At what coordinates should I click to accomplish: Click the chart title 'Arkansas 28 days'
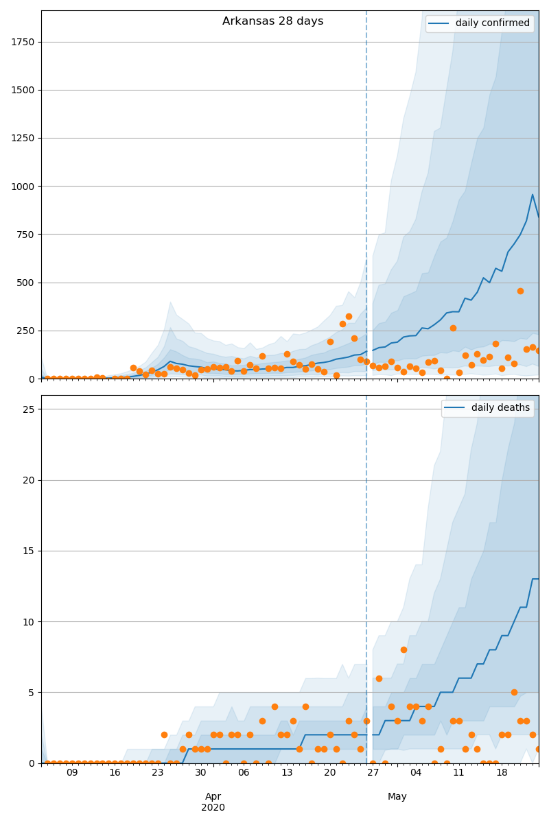pos(272,21)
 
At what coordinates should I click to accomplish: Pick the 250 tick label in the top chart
pos(25,331)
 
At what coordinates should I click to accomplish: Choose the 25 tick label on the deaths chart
pos(29,409)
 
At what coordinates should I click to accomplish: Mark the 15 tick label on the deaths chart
pos(29,551)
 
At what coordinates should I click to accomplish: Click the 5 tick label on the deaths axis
pos(32,692)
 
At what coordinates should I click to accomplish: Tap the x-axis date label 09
pos(72,772)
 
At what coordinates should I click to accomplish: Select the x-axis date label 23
pos(158,772)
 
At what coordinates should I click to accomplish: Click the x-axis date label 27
pos(373,772)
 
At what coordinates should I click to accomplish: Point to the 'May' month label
pos(397,796)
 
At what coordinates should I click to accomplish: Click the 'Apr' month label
pos(213,796)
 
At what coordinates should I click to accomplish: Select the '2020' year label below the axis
pos(213,807)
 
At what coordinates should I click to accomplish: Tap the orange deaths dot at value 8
pos(404,649)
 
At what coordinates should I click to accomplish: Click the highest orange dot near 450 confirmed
pos(520,291)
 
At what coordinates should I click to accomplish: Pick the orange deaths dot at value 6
pos(379,678)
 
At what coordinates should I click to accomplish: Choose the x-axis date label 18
pos(502,772)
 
